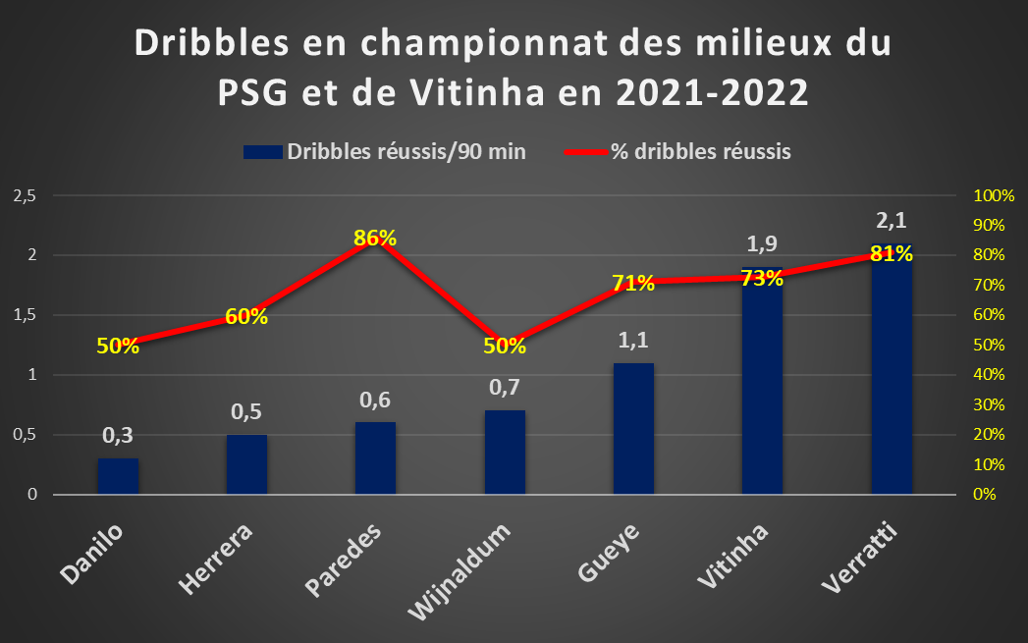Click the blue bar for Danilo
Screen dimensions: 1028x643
coord(118,476)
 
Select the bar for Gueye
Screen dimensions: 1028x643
coord(633,429)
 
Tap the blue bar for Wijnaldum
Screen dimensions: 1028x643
coord(505,453)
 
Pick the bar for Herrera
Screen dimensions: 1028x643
coord(246,464)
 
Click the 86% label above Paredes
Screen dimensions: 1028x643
coord(375,238)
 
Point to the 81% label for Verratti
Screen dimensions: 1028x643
coord(892,253)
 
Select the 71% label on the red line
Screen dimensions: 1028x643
coord(633,283)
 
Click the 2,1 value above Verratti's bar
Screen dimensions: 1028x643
coord(892,220)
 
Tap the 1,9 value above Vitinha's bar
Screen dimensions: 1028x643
coord(762,243)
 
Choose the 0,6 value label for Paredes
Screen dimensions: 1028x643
coord(375,400)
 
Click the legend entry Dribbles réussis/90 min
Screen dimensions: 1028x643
coord(385,151)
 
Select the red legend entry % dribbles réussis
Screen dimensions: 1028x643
coord(677,151)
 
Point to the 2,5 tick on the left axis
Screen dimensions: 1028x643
coord(25,195)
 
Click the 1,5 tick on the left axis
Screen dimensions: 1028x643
coord(25,315)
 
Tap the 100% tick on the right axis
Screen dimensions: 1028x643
coord(994,195)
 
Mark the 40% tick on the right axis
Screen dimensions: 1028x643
coord(989,374)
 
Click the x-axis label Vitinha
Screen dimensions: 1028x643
coord(732,556)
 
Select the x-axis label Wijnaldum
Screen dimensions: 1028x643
coord(459,571)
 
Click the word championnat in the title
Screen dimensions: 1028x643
coord(484,44)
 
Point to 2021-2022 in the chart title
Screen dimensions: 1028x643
coord(712,93)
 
